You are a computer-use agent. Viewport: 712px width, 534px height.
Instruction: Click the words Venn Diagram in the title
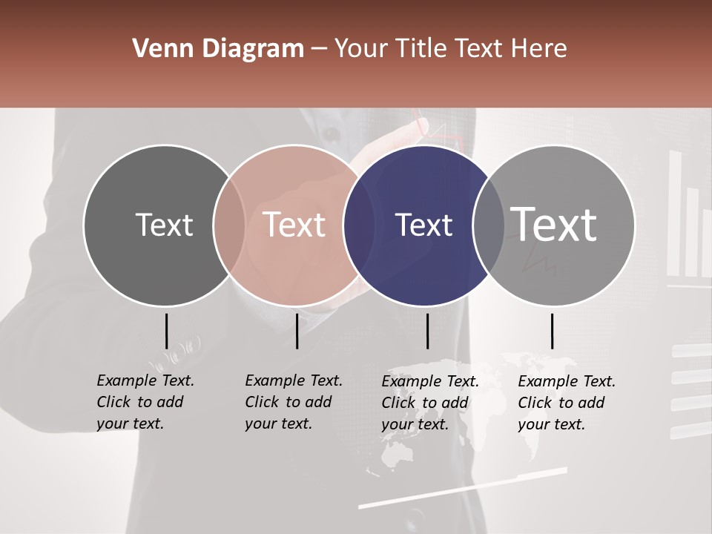click(218, 49)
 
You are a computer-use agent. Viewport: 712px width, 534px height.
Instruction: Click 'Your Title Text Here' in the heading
click(450, 49)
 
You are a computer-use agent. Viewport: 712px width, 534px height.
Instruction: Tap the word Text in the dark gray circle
click(164, 225)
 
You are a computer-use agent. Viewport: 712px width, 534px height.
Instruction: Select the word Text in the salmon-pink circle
click(294, 225)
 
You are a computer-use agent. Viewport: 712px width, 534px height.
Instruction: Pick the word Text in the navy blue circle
click(423, 225)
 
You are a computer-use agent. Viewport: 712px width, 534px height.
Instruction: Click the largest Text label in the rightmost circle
click(554, 224)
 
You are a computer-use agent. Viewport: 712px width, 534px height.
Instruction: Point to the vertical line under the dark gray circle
click(166, 331)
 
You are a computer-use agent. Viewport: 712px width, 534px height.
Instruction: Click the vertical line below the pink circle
click(297, 331)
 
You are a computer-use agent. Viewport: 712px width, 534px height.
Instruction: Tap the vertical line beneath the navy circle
click(427, 331)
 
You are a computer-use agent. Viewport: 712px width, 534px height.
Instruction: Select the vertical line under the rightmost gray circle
click(552, 331)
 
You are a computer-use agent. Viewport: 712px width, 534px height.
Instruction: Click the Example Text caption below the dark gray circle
click(145, 402)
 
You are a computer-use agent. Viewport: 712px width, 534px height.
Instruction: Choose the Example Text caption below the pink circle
click(293, 402)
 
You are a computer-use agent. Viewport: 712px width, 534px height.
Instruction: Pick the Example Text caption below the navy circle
click(429, 403)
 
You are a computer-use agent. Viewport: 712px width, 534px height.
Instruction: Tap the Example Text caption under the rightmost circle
click(566, 403)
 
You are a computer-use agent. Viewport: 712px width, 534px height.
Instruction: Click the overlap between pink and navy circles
click(359, 225)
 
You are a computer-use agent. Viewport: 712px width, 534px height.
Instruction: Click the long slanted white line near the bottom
click(463, 488)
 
